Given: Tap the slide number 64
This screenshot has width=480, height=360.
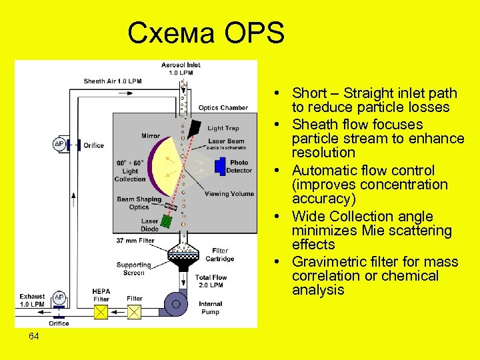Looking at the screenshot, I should coord(34,337).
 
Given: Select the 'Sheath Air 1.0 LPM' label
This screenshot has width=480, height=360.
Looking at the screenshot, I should coord(113,81).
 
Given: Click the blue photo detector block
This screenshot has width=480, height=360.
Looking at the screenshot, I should coord(221,167).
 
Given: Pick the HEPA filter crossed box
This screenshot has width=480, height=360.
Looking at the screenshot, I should coord(101,311).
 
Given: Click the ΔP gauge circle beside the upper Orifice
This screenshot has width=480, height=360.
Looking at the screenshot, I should coord(59,145).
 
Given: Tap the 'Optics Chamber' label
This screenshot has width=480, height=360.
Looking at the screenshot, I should coord(223,107).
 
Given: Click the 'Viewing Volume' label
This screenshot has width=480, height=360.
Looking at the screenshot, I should coord(229,194).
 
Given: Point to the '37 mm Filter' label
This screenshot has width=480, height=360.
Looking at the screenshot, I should coord(135,241).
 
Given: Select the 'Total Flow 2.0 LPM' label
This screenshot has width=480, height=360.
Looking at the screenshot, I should coord(211,281).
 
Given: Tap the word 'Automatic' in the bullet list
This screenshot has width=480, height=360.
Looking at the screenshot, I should coord(325,171).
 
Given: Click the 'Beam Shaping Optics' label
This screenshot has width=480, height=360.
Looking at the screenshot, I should coord(139,203).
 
